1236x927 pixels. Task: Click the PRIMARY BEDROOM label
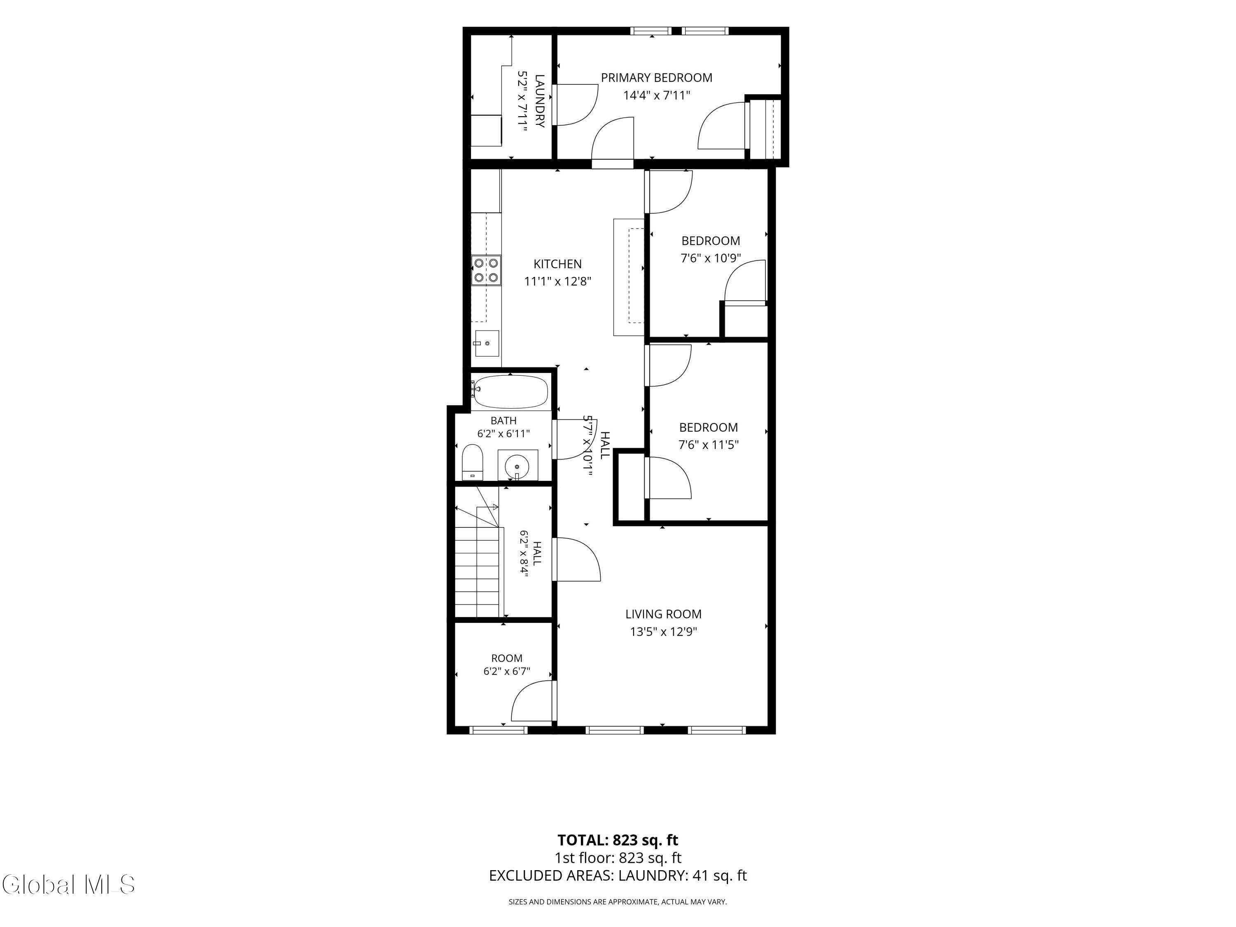pyautogui.click(x=657, y=78)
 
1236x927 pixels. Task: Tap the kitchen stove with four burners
pyautogui.click(x=486, y=270)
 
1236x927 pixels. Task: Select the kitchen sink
pyautogui.click(x=487, y=343)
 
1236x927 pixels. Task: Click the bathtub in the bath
pyautogui.click(x=510, y=392)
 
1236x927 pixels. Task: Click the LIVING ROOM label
pyautogui.click(x=663, y=614)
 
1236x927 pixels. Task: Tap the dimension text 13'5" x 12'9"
pyautogui.click(x=664, y=632)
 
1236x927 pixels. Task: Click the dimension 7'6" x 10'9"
pyautogui.click(x=711, y=258)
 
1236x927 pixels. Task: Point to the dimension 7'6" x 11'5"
pyautogui.click(x=709, y=445)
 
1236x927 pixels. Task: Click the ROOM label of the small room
pyautogui.click(x=507, y=658)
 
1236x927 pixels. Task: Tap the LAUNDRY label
pyautogui.click(x=540, y=101)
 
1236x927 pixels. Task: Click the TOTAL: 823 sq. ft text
pyautogui.click(x=618, y=840)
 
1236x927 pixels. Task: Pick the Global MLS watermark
pyautogui.click(x=68, y=885)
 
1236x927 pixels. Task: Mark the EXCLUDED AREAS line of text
pyautogui.click(x=618, y=875)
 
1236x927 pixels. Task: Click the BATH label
pyautogui.click(x=503, y=421)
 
